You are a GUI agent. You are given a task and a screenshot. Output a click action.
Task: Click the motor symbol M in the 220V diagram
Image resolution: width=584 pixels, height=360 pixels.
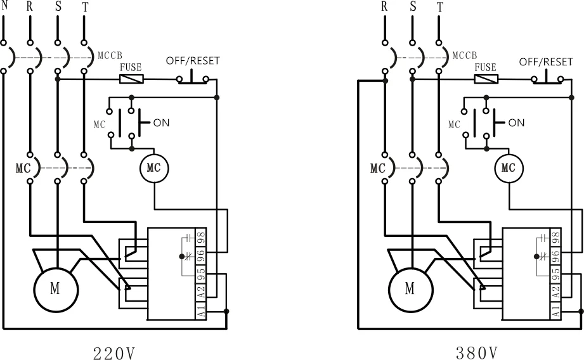click(x=56, y=289)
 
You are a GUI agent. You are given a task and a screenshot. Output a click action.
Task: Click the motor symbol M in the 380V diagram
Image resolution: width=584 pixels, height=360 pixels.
click(x=410, y=289)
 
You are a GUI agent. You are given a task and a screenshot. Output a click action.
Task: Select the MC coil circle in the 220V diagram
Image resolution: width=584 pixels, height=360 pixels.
click(x=153, y=168)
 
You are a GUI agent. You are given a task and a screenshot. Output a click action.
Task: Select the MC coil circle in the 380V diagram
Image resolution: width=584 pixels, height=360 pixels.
click(x=508, y=168)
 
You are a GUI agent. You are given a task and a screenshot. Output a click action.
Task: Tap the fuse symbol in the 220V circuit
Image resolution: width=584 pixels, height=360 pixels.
click(x=131, y=79)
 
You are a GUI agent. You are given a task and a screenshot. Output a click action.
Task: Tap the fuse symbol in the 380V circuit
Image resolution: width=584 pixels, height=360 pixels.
click(x=486, y=79)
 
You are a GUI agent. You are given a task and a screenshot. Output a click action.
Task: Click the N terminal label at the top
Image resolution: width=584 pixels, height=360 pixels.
click(x=4, y=6)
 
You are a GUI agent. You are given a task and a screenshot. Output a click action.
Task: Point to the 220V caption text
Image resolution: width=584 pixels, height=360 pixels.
click(x=114, y=352)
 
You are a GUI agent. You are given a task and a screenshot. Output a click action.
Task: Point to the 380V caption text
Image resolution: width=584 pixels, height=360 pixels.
click(x=472, y=352)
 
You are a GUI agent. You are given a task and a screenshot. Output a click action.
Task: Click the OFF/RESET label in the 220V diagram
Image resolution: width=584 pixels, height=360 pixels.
click(x=193, y=61)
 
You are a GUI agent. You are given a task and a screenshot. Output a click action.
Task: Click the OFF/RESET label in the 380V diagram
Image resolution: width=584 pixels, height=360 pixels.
click(x=546, y=61)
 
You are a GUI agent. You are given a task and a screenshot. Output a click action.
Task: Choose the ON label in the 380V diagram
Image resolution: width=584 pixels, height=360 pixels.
click(x=516, y=122)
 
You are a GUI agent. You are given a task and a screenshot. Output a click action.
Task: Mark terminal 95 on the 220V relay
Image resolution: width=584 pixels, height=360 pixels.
click(x=201, y=274)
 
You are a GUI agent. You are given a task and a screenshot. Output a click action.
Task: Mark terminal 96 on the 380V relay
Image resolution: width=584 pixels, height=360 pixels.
click(x=556, y=255)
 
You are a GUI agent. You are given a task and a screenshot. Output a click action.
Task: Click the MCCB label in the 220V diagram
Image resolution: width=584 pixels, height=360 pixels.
click(x=110, y=55)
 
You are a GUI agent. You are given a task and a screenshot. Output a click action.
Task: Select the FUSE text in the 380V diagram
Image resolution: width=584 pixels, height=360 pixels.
click(x=486, y=67)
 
